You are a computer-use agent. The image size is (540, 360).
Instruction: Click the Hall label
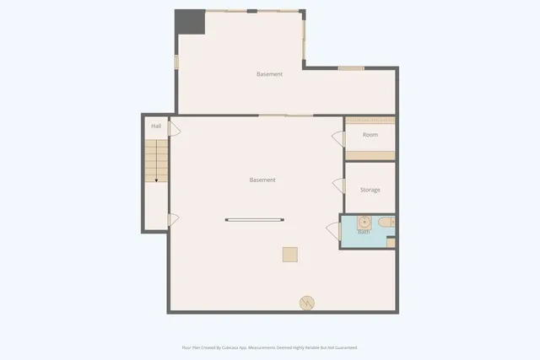(156, 126)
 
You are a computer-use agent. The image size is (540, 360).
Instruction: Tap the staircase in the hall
(156, 161)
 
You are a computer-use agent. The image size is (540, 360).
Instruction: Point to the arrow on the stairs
(156, 179)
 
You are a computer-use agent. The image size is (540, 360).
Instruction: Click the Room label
(370, 135)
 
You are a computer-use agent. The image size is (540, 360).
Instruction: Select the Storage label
(370, 190)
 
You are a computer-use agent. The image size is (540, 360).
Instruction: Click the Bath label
(363, 232)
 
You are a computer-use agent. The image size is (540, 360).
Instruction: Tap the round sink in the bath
(363, 223)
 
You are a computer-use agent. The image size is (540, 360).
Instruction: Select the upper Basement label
(269, 74)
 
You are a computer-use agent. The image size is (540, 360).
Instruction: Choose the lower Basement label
(262, 180)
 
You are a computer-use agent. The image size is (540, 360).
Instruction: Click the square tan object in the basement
(289, 254)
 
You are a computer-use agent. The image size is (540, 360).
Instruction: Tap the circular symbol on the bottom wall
(307, 302)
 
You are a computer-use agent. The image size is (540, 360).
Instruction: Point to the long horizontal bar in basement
(255, 221)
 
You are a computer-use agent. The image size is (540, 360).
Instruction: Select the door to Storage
(338, 185)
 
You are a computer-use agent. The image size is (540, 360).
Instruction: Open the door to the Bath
(333, 229)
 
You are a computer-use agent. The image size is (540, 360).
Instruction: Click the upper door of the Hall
(174, 129)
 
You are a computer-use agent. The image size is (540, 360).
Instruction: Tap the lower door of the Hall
(173, 220)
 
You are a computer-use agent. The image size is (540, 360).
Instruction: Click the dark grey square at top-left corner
(190, 22)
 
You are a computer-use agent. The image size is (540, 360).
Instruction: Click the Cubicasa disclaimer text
(269, 347)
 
